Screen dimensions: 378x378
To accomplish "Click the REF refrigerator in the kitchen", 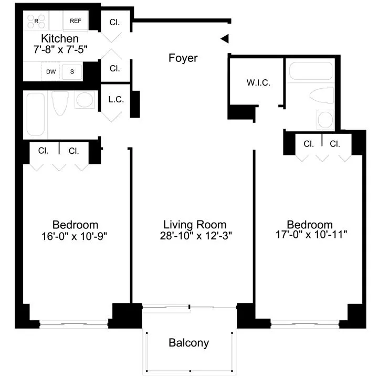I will [76, 22].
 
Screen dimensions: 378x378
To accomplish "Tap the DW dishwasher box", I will [51, 71].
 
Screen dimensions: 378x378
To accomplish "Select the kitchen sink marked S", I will [71, 71].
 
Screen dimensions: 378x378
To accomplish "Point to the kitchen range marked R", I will [37, 22].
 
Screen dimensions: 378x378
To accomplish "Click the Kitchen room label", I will [60, 39].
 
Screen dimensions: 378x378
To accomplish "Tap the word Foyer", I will [183, 58].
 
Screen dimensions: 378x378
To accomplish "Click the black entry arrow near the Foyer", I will [224, 38].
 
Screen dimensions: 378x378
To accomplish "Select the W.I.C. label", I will [258, 83].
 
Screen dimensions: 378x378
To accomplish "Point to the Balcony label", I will [188, 343].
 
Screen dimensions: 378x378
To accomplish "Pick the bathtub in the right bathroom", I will [311, 72].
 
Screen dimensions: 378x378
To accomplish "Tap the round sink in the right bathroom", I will [325, 119].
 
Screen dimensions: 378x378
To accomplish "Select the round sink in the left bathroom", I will [84, 100].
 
